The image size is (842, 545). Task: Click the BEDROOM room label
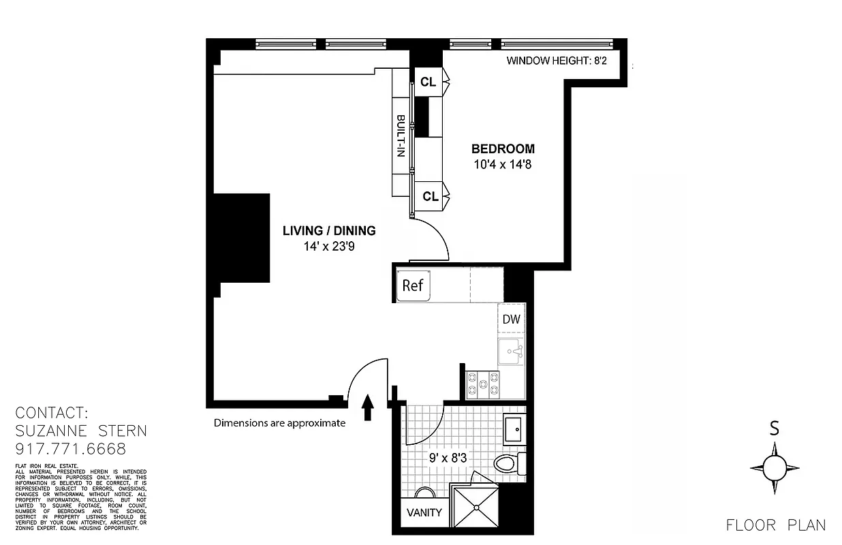503,149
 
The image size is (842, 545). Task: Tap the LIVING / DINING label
329,230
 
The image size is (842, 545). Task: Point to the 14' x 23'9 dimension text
329,246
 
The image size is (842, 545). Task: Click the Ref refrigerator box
413,285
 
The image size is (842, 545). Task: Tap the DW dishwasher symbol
511,319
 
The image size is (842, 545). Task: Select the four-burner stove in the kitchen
482,384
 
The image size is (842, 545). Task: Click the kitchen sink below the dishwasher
511,352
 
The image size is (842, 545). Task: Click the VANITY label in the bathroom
424,512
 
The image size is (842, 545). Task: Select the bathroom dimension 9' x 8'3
447,458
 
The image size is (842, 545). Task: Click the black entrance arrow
367,407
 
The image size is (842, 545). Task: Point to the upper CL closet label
428,82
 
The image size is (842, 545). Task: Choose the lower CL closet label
430,196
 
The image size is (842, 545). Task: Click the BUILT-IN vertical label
401,136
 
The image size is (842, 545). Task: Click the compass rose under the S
775,468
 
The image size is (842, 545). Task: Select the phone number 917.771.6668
71,449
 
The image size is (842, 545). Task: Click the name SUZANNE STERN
81,431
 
